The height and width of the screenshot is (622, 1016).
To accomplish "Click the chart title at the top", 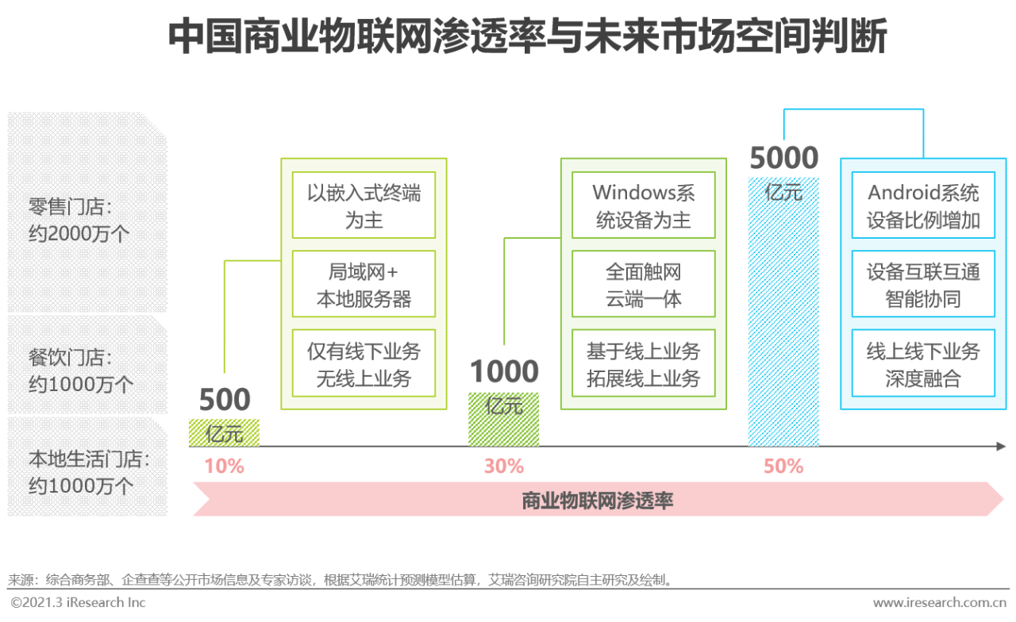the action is tap(527, 36).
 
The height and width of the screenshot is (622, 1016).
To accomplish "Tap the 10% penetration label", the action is tap(224, 466).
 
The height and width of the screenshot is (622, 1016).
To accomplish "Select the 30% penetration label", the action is tap(504, 466).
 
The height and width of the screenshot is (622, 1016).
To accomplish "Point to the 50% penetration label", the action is tap(783, 466).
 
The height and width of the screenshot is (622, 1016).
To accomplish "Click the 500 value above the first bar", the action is tap(225, 399).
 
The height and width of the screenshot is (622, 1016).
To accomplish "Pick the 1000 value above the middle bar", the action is tap(504, 371).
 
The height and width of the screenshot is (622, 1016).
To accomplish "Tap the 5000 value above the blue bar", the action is tap(783, 158).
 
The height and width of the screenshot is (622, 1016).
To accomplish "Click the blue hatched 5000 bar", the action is tap(783, 312).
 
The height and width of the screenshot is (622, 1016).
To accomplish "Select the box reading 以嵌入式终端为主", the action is tap(364, 205).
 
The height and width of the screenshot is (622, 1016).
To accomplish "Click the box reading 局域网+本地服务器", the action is tap(364, 284).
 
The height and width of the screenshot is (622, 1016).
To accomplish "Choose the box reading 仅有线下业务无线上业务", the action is tap(364, 363).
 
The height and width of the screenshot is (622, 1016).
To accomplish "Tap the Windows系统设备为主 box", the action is tap(644, 205).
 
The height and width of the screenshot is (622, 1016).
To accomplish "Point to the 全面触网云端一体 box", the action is tap(644, 284).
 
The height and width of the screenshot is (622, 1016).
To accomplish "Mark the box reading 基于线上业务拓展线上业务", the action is tap(644, 363).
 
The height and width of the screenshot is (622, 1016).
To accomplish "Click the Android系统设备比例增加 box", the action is tap(923, 205).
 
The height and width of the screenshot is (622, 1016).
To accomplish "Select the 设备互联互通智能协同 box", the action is tap(923, 284).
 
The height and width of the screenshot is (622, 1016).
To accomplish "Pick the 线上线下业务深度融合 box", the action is tap(923, 363).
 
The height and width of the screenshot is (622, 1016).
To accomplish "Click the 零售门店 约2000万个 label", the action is tap(79, 221).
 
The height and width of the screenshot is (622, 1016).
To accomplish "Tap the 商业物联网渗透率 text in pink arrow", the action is tap(598, 501).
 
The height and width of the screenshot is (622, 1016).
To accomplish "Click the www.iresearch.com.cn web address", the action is tap(940, 602).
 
